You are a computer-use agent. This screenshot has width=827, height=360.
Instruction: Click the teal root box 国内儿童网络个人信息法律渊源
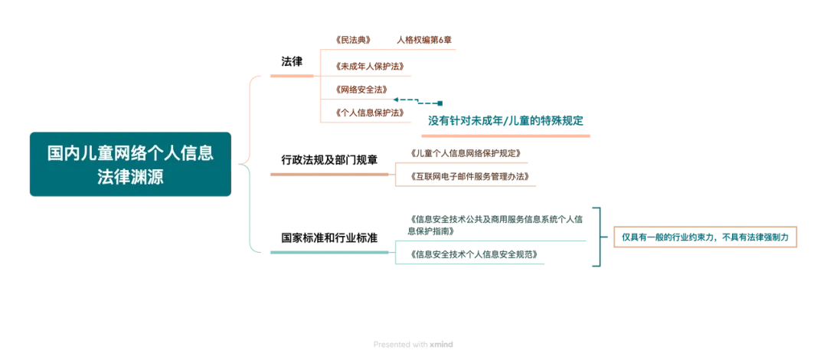(x=130, y=164)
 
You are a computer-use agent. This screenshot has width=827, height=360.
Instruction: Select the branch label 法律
(x=292, y=61)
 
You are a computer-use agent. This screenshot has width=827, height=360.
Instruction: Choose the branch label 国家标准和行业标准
(x=329, y=237)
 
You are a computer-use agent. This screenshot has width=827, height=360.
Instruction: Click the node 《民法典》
(x=353, y=40)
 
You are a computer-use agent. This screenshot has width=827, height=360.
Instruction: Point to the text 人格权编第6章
(x=424, y=40)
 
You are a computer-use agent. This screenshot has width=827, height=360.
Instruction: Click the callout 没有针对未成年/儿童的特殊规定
(x=505, y=119)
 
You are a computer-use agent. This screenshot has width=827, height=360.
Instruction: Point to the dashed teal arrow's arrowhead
(x=396, y=99)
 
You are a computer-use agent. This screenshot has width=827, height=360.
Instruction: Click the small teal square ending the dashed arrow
(x=440, y=103)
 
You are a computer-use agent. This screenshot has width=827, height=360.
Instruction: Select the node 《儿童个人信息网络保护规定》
(x=466, y=153)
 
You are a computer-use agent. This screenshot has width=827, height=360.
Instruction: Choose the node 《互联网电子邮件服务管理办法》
(x=469, y=175)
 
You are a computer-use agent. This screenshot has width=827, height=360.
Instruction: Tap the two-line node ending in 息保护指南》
(x=495, y=225)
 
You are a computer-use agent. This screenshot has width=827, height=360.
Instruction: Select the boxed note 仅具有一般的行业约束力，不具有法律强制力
(x=705, y=237)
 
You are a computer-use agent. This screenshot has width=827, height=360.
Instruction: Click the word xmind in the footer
(x=441, y=344)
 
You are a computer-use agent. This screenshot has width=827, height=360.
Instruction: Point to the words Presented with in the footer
(x=400, y=344)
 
